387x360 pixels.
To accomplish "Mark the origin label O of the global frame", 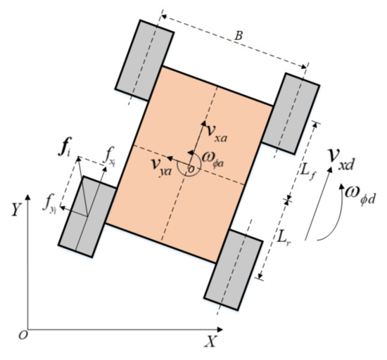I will click(x=23, y=334).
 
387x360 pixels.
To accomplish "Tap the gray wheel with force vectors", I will click(x=87, y=214).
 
